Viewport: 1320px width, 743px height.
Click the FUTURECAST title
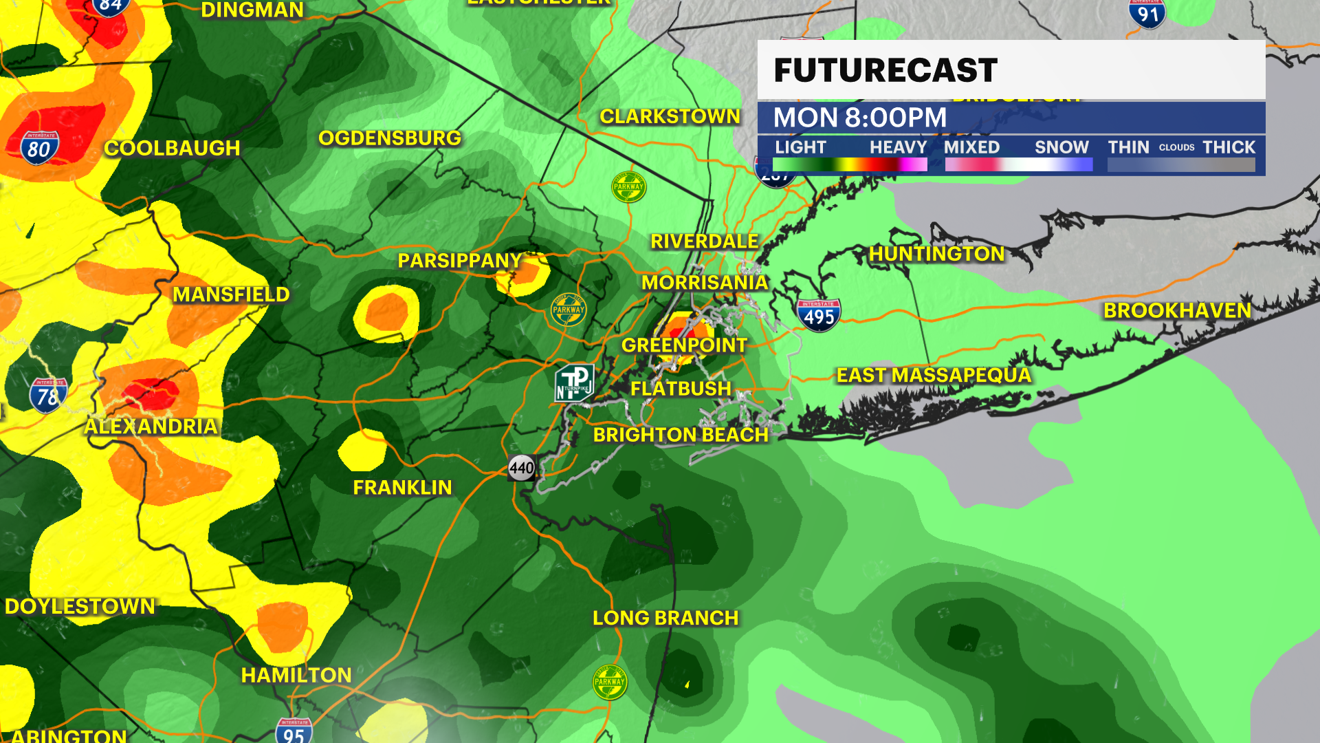point(885,70)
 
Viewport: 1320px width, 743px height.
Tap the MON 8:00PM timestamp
point(859,118)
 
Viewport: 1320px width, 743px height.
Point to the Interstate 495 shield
point(819,316)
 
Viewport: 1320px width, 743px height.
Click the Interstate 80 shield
point(39,148)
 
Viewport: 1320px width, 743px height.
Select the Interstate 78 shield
point(47,396)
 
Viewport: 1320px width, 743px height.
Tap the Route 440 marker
point(522,469)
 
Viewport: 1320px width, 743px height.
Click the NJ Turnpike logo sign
point(574,383)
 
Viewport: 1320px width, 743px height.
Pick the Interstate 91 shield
point(1147,14)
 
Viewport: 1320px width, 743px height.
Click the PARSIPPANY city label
point(460,261)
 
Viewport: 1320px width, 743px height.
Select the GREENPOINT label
point(684,345)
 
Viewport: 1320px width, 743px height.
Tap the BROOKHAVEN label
point(1177,311)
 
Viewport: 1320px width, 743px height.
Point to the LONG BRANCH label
point(665,618)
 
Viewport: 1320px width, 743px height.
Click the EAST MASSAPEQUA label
point(934,376)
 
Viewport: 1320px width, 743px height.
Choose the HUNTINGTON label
point(936,254)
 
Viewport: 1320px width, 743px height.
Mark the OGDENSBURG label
point(390,138)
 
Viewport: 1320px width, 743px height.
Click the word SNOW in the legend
point(1061,147)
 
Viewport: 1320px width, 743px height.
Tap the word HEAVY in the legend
point(898,147)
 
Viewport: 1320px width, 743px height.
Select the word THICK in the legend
point(1229,147)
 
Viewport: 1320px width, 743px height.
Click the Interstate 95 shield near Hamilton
point(294,731)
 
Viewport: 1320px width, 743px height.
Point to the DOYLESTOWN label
point(80,606)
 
